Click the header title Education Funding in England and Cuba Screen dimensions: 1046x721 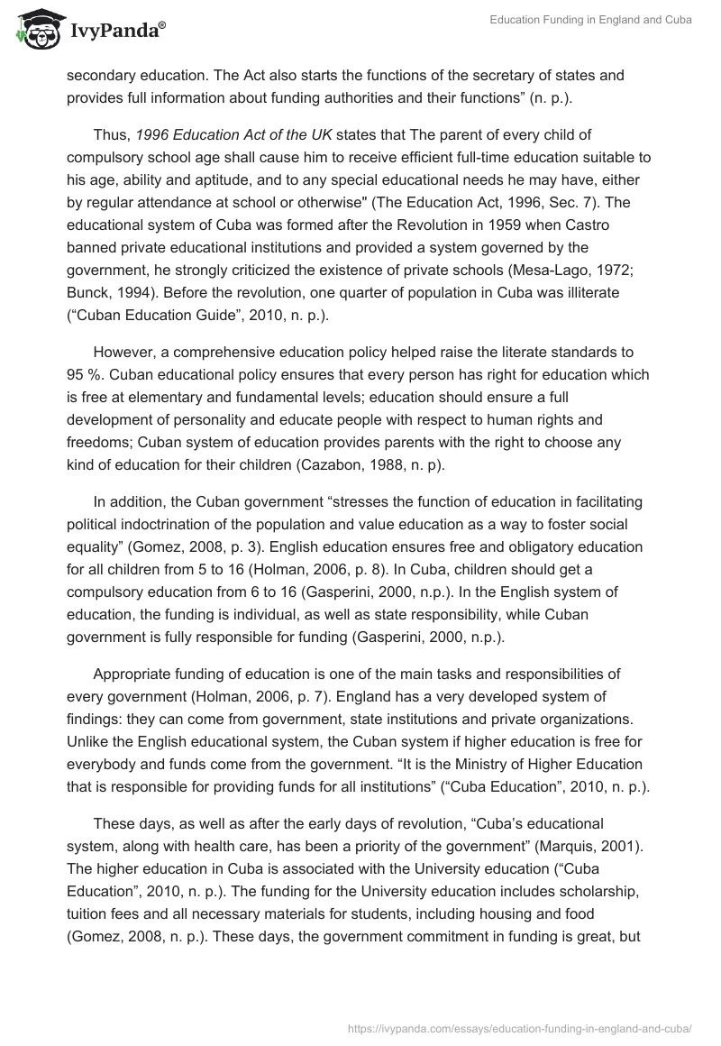(591, 22)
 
